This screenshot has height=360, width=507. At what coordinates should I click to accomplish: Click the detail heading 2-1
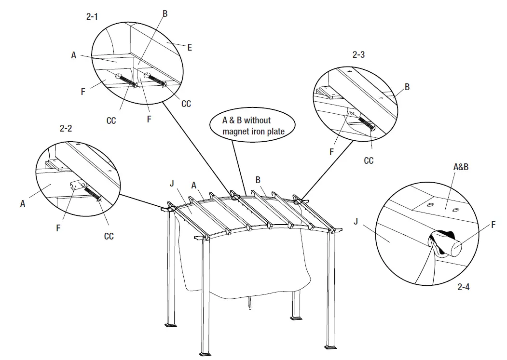point(92,17)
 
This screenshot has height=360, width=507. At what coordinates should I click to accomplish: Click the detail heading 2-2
point(66,129)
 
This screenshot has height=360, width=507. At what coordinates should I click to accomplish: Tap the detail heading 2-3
point(358,55)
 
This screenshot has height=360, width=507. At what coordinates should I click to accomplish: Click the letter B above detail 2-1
point(165,14)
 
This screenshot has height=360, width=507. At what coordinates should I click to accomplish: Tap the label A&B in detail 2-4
point(460,167)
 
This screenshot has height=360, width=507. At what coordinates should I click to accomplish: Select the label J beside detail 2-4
point(356,222)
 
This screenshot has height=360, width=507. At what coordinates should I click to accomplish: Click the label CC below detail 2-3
point(369,160)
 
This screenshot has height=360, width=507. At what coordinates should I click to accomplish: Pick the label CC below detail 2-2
point(109,236)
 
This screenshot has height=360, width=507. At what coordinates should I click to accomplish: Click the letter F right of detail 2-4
point(493,225)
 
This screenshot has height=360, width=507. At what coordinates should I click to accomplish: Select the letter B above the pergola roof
point(258,180)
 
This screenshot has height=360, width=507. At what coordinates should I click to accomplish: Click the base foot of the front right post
point(331,347)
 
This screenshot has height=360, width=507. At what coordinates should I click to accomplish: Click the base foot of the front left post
point(206,356)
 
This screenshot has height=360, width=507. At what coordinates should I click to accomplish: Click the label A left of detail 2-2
point(23,204)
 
